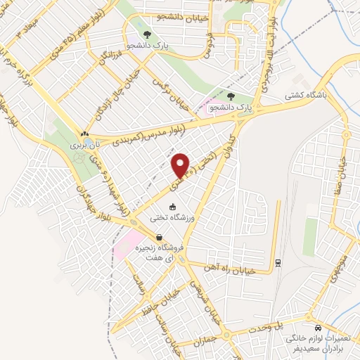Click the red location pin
pos(181,165)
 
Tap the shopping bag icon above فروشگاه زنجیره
pos(160,238)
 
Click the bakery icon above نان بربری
pos(85,133)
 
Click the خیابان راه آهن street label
pos(243,269)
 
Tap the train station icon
pos(278,262)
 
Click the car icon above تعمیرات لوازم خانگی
pos(319,328)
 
